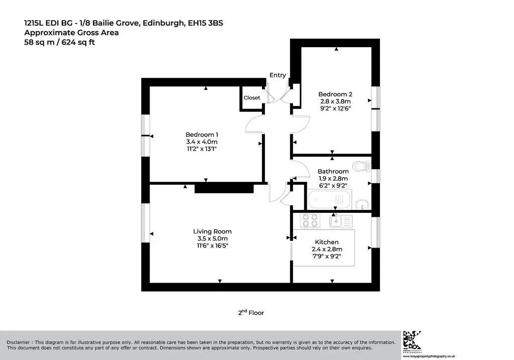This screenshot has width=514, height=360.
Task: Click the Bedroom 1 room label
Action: coord(202,135)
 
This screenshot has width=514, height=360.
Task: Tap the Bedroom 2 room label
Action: coord(335,94)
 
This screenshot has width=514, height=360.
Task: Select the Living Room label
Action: coord(212,231)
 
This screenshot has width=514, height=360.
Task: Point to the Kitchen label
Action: coord(326,242)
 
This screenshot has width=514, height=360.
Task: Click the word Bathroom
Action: coord(333,171)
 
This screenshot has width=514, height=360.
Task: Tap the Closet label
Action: coord(252,98)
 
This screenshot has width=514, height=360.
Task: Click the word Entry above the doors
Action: coord(278,75)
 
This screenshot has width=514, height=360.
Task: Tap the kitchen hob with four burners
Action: coord(310,220)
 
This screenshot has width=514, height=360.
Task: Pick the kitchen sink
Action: coord(341,221)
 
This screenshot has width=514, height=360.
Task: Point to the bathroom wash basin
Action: coord(362,204)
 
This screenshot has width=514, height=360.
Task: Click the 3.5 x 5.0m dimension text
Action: coord(212,238)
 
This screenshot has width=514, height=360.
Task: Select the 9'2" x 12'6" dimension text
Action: coord(335,108)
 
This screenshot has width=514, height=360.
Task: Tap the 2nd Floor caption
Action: coord(251,312)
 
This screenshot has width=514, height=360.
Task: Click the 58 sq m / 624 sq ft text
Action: coord(59,42)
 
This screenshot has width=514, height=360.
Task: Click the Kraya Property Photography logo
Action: coord(413,341)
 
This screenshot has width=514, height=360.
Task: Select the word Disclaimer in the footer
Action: coord(18,342)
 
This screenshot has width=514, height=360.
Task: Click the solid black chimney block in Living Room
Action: coord(224,188)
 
